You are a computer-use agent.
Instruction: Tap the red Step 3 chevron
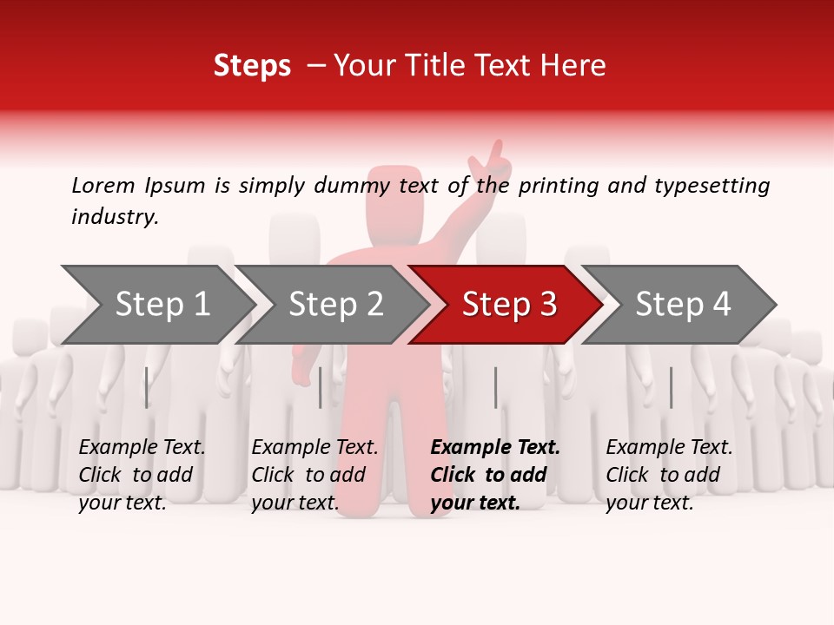(x=509, y=305)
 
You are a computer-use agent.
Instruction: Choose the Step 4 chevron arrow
(x=683, y=305)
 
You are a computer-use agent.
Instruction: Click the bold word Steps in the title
(x=252, y=66)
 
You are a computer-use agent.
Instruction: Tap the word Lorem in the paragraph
(x=102, y=185)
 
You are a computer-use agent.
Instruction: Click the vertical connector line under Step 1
(x=146, y=387)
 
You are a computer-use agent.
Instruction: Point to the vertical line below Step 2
(x=321, y=387)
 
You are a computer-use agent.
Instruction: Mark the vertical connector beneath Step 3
(x=495, y=387)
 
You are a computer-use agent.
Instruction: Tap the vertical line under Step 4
(x=671, y=387)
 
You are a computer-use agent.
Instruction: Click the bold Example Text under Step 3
(x=495, y=448)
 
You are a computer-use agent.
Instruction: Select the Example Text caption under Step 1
(x=142, y=448)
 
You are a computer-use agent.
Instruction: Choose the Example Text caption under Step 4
(x=669, y=448)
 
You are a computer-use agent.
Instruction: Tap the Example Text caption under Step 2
(x=314, y=448)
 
